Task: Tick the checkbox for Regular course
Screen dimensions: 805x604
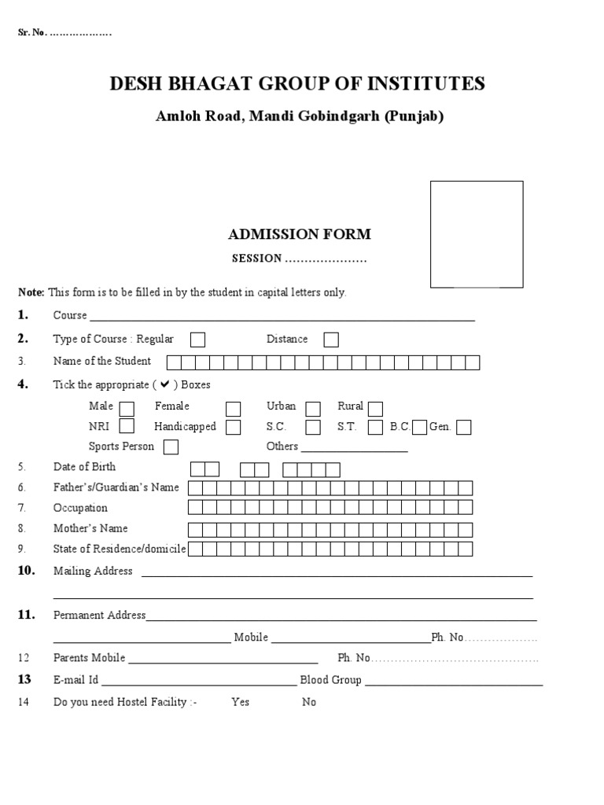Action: (x=198, y=340)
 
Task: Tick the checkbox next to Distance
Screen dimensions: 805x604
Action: (x=331, y=340)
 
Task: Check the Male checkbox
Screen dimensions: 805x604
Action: (x=127, y=408)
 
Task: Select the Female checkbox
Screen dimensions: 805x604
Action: (x=233, y=409)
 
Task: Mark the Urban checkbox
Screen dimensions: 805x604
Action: (x=313, y=409)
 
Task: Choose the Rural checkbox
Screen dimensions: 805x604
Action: (x=375, y=409)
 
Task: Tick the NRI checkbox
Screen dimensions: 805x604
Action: (x=127, y=427)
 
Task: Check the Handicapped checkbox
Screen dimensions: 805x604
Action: (x=233, y=428)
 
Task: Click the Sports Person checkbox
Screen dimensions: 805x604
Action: (x=170, y=447)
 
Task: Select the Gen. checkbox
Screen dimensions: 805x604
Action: (x=463, y=428)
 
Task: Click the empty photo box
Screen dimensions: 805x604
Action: (x=477, y=233)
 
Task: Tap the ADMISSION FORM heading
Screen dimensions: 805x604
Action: (x=299, y=234)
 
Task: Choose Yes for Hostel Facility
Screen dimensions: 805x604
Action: (x=240, y=702)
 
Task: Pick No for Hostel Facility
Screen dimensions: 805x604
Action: (x=309, y=702)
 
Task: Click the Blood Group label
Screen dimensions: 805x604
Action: (x=330, y=680)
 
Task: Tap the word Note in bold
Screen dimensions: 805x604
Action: (x=31, y=292)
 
